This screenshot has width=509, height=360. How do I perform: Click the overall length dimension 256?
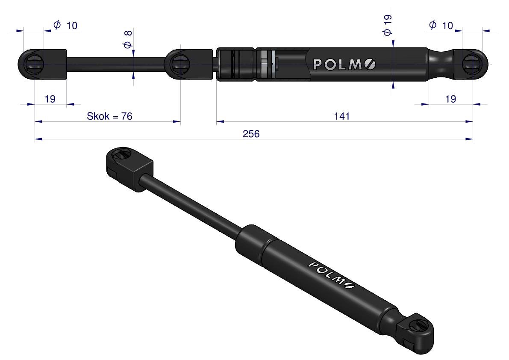251,134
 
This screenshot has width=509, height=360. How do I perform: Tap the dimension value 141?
342,116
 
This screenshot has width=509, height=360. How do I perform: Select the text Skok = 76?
109,116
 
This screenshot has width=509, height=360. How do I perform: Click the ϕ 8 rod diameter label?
127,39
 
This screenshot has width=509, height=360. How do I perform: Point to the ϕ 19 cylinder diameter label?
387,25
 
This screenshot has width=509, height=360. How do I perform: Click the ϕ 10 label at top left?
65,25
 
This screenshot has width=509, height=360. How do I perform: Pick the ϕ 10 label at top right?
441,25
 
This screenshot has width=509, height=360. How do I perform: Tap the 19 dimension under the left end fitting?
50,99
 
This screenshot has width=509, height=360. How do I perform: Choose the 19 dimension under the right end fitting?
450,99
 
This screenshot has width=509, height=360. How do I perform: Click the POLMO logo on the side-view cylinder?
344,65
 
